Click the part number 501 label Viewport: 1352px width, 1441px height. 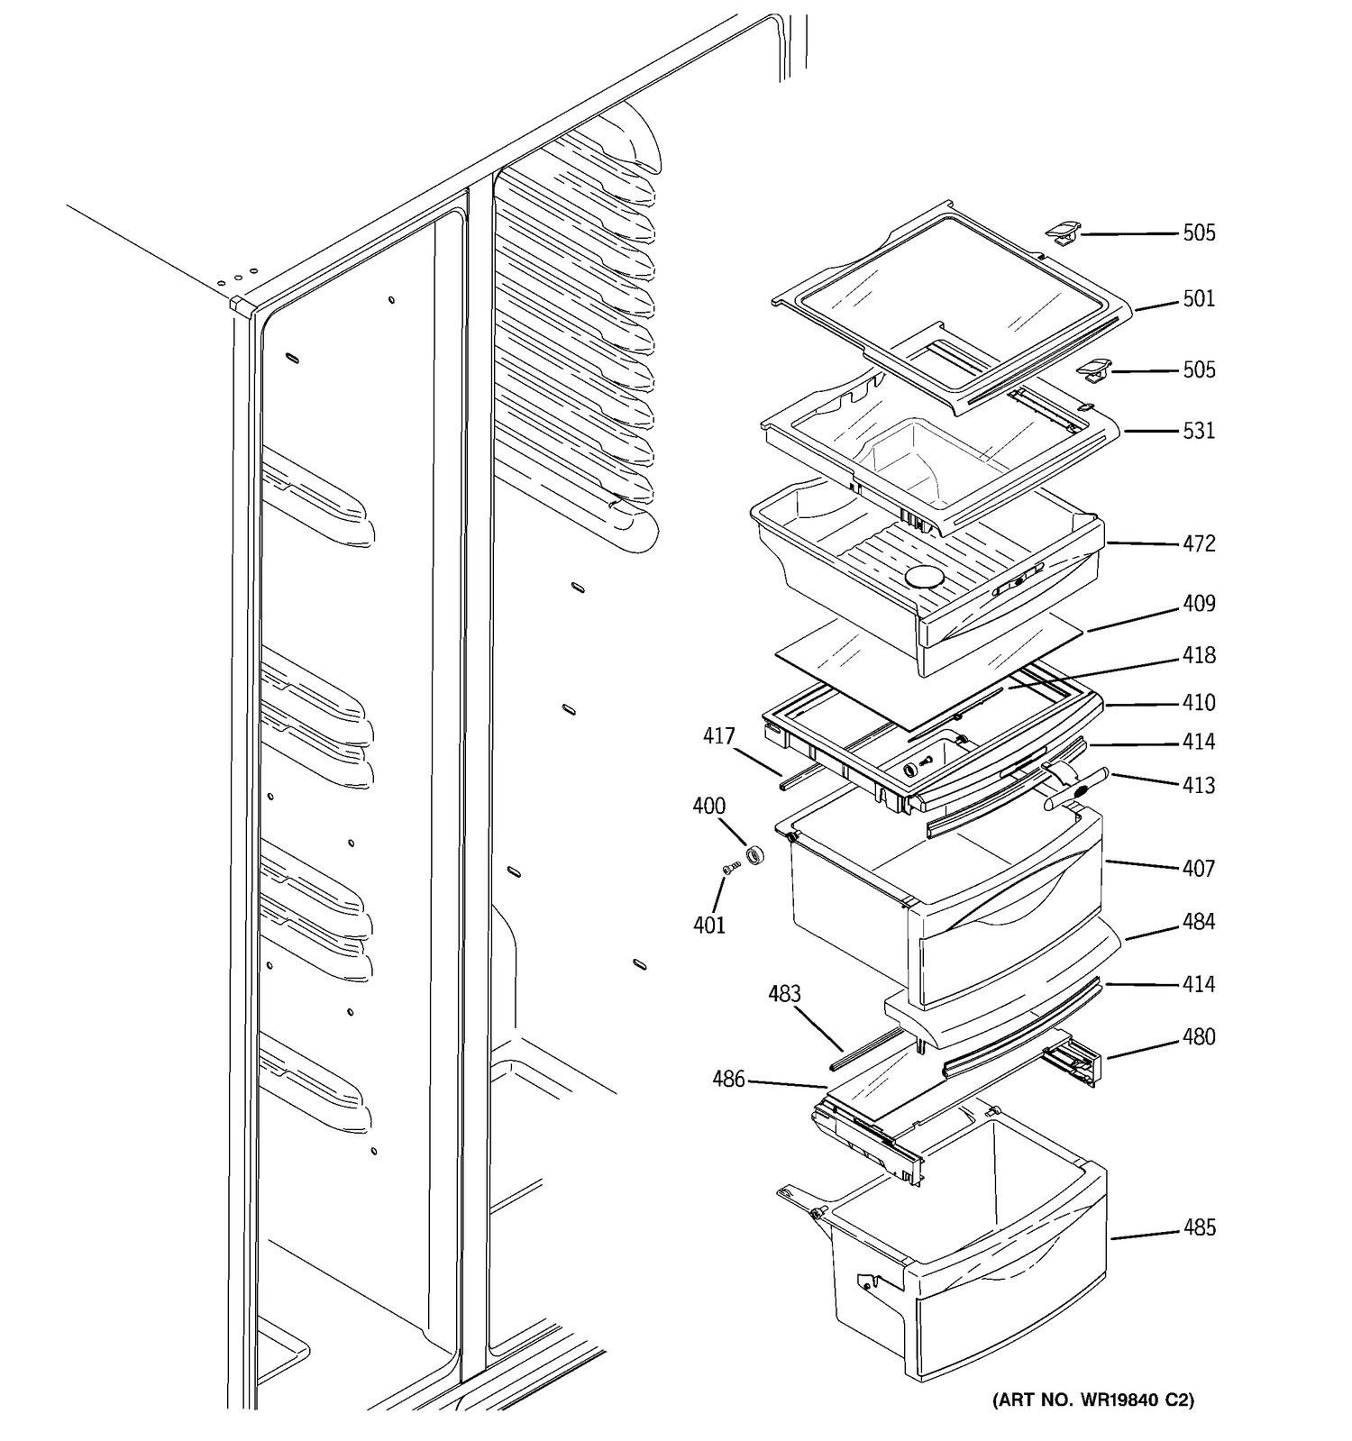point(1199,298)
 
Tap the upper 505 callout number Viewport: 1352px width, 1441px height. point(1199,233)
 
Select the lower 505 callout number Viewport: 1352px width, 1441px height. point(1199,369)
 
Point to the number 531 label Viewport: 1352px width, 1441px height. point(1199,431)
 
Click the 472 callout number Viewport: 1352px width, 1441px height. point(1199,543)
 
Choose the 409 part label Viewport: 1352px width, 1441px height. point(1199,603)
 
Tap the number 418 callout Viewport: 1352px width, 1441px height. point(1199,655)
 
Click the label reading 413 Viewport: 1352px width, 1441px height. point(1199,785)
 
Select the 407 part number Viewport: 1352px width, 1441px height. point(1199,868)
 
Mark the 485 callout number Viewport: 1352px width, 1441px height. point(1199,1227)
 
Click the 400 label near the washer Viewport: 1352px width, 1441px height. point(708,806)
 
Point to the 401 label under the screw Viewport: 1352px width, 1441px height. point(708,925)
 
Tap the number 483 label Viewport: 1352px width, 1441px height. point(784,993)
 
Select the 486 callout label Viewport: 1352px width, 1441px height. point(728,1078)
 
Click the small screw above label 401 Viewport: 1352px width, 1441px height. point(731,867)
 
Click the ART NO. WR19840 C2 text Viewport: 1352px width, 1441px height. point(1092,1400)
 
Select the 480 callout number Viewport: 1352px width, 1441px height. point(1199,1036)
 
